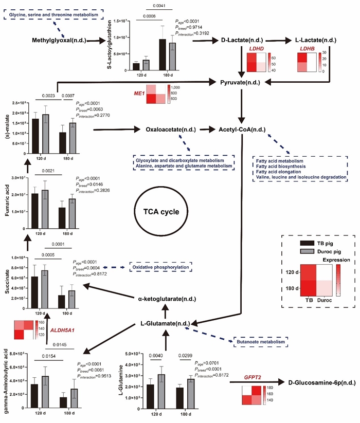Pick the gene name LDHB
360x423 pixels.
point(307,48)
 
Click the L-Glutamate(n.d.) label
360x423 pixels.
point(166,324)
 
